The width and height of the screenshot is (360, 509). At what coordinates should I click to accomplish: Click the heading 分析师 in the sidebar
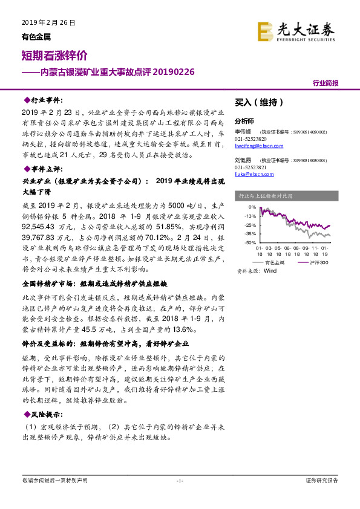pos(245,121)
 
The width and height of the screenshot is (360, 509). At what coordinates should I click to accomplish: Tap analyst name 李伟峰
pos(243,131)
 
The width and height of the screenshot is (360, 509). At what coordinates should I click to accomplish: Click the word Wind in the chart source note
pos(269,271)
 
